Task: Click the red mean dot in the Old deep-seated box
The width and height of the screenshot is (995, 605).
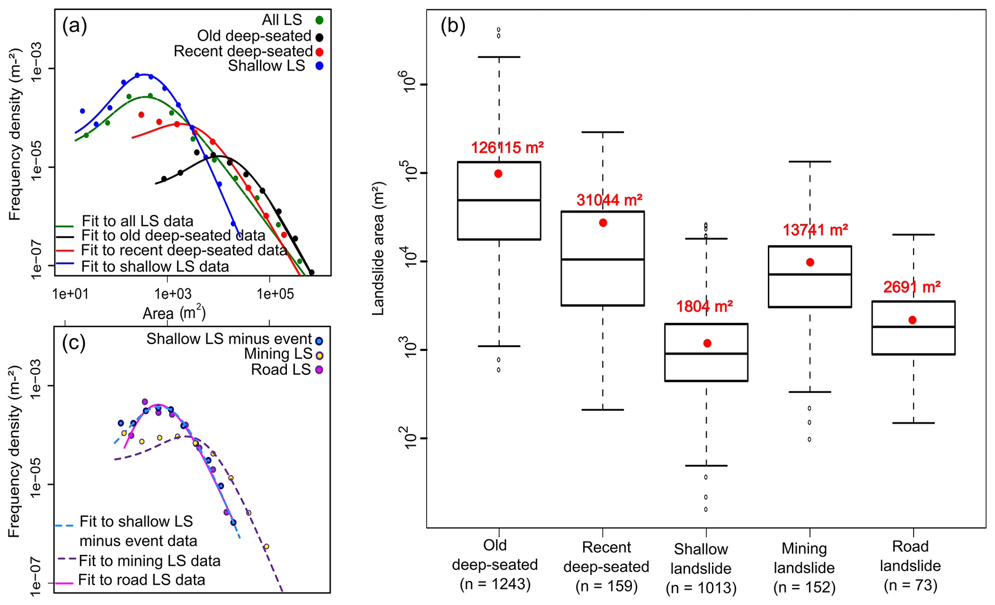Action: (x=498, y=174)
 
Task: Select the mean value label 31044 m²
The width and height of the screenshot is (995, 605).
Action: (x=609, y=200)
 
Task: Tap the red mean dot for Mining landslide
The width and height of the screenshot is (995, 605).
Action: (x=810, y=262)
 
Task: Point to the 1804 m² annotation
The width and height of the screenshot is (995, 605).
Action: (x=704, y=306)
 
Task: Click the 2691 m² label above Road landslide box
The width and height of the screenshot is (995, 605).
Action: (x=912, y=287)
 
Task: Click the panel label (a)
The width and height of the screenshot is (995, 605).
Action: (x=75, y=26)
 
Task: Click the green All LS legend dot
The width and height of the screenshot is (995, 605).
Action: (x=319, y=20)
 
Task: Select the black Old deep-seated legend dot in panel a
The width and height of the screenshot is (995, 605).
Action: (x=319, y=37)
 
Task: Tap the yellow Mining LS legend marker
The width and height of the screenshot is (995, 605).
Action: (x=319, y=355)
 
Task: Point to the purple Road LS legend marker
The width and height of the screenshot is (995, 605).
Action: (x=319, y=370)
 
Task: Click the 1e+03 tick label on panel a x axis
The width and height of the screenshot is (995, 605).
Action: (x=173, y=294)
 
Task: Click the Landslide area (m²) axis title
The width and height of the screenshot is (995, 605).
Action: (x=379, y=248)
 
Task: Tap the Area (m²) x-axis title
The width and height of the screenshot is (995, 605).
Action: (x=174, y=314)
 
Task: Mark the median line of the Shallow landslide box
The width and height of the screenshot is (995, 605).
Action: (x=706, y=354)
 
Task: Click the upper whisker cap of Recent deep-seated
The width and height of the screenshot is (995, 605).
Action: (x=603, y=132)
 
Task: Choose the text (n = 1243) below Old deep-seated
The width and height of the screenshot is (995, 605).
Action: (x=495, y=584)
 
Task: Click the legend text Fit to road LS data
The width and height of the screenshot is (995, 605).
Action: (x=142, y=580)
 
